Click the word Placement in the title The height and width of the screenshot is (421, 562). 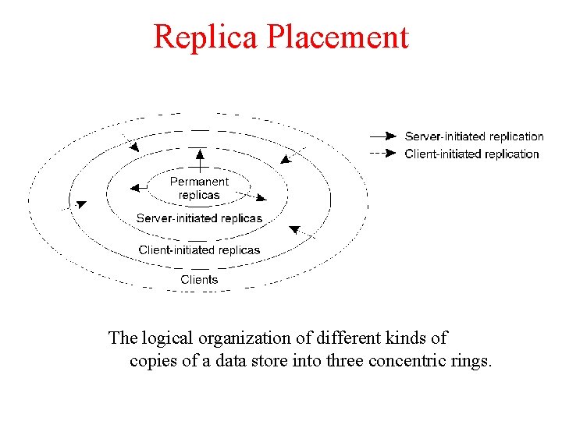tap(340, 37)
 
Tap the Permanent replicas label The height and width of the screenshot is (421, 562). tap(199, 188)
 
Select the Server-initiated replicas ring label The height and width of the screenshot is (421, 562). tap(199, 218)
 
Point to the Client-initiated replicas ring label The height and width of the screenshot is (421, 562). tap(199, 249)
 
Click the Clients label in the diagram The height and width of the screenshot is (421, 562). tap(199, 279)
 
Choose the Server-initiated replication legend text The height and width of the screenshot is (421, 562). tap(474, 136)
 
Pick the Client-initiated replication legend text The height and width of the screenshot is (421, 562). tap(471, 154)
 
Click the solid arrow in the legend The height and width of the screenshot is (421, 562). tap(383, 136)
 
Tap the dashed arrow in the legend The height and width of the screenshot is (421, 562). tap(383, 154)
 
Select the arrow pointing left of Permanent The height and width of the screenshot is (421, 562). tap(139, 187)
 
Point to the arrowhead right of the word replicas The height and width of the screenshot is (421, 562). tap(261, 198)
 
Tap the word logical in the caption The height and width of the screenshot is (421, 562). tap(169, 338)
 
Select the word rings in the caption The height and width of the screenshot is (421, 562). tap(474, 361)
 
